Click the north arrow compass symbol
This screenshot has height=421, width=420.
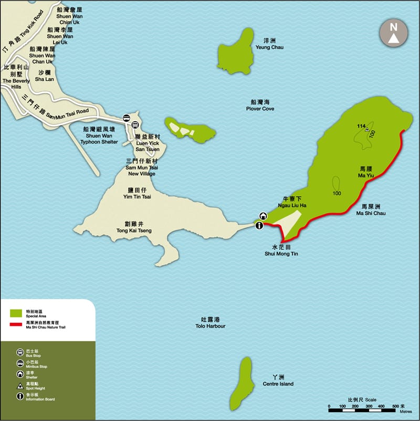393,35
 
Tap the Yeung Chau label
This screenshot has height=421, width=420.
269,44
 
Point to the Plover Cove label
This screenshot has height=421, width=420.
260,106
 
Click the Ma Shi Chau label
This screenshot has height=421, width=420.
371,210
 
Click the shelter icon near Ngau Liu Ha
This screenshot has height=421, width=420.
262,216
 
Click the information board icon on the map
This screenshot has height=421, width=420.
259,225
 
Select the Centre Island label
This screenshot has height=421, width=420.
279,381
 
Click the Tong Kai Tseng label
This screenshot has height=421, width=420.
134,227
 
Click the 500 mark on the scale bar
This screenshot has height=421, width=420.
395,407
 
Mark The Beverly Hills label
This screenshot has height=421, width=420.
16,77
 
